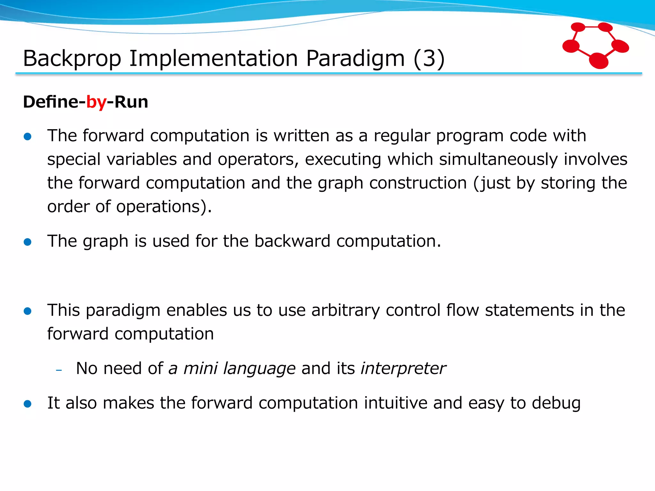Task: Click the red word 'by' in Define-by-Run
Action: pyautogui.click(x=96, y=102)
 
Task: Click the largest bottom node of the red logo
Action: pyautogui.click(x=598, y=61)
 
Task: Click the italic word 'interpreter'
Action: pyautogui.click(x=403, y=369)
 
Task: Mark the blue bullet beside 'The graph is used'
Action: pyautogui.click(x=28, y=242)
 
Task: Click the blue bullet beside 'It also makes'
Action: pyautogui.click(x=28, y=404)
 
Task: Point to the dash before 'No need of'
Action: pyautogui.click(x=59, y=370)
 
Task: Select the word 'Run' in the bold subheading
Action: pyautogui.click(x=131, y=102)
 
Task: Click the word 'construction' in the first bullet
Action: pyautogui.click(x=418, y=183)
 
